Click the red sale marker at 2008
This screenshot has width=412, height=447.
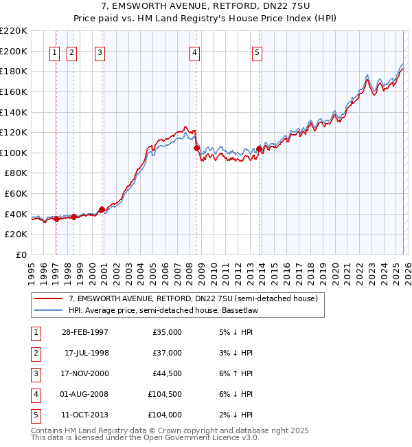196,148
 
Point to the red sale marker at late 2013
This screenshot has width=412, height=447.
260,149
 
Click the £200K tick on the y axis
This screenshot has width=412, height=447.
14,51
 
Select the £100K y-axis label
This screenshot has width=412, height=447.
14,153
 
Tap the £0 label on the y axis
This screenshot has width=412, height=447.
21,254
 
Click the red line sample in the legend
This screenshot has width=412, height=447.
49,299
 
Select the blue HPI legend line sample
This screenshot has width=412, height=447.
49,310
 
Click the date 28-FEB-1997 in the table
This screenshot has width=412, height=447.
84,332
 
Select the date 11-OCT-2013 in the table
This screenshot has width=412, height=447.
84,415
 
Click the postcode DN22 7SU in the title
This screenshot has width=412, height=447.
278,7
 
